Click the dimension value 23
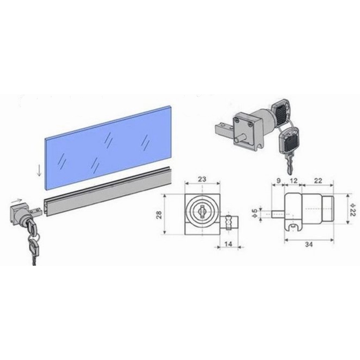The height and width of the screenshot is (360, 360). point(202,179)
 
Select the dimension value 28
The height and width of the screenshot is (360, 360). point(159,214)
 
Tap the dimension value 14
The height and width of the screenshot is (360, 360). point(228,244)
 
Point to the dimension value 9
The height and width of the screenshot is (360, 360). point(278,180)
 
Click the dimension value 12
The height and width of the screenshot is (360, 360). point(294,180)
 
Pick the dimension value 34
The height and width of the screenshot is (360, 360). point(309,245)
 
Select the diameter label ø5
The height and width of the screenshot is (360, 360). point(255,213)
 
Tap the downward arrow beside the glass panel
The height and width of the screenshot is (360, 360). point(39,171)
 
